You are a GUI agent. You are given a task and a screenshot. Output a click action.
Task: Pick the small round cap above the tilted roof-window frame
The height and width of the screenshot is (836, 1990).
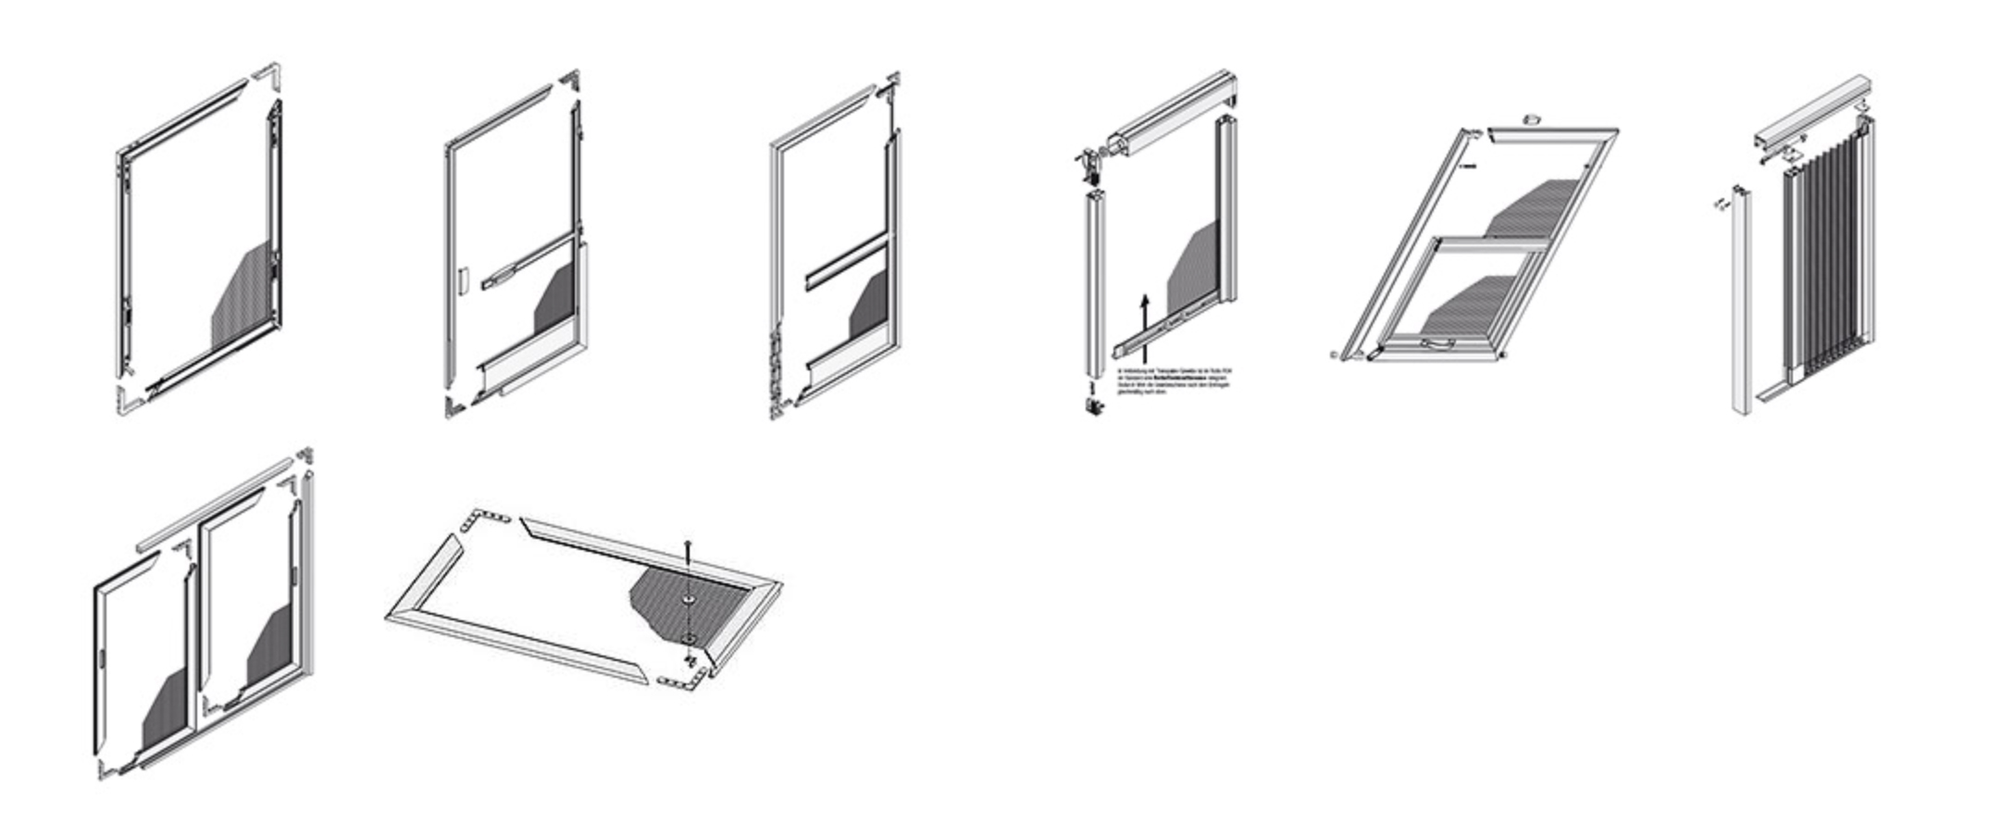pos(1532,119)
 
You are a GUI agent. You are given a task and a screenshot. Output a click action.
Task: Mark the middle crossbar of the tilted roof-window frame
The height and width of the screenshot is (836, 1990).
pos(1490,243)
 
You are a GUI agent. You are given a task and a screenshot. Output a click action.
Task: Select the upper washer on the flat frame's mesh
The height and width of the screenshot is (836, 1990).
pos(689,600)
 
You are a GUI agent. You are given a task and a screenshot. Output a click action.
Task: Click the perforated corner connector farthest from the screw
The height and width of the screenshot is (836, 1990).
pos(487,518)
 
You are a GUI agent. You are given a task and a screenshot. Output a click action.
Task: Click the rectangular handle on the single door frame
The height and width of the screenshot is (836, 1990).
pos(462,281)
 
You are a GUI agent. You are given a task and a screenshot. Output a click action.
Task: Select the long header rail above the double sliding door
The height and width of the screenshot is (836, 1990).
pos(213,505)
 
